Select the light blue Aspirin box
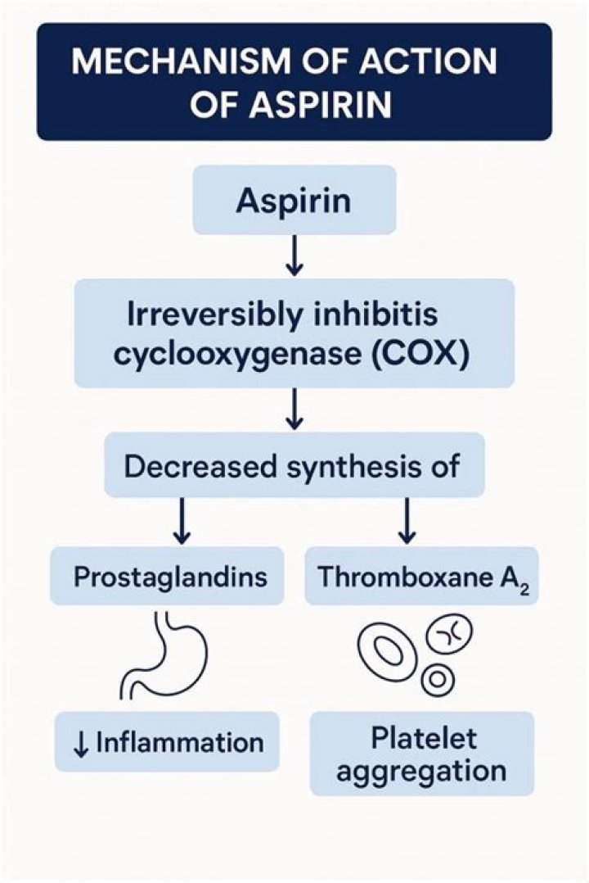click(294, 200)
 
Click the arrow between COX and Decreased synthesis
click(294, 410)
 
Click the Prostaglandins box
click(169, 577)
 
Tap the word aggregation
click(422, 771)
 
